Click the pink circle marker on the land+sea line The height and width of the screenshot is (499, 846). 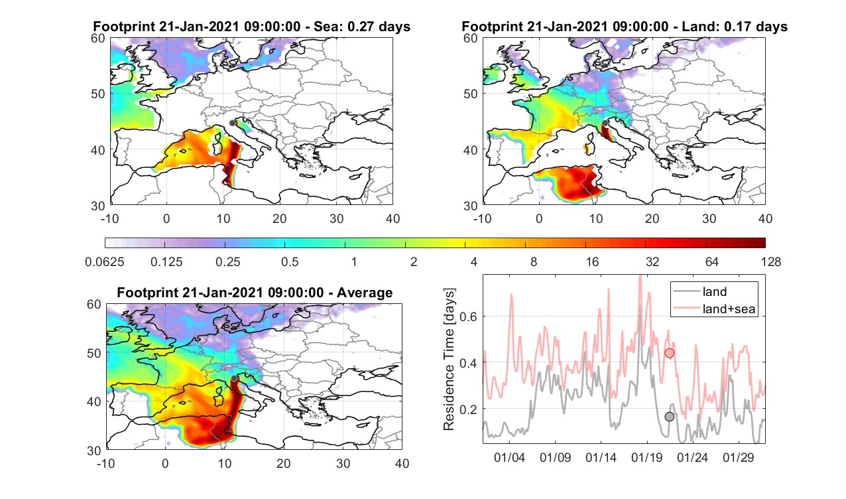(669, 353)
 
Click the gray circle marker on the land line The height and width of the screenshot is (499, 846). (669, 417)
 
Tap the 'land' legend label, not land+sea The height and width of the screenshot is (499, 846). (715, 291)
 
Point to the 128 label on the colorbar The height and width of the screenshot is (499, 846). (771, 261)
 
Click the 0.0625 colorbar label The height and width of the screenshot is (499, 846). (105, 261)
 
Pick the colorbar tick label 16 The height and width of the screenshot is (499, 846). (592, 261)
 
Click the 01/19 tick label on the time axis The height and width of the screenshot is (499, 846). (646, 457)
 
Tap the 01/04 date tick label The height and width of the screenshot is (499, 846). (509, 457)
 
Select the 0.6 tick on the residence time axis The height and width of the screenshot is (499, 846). (468, 317)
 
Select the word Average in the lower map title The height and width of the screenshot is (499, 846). (365, 293)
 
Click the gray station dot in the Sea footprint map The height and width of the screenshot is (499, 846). (232, 123)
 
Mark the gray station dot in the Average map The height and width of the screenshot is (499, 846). (234, 378)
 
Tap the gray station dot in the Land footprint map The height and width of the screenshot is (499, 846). (605, 123)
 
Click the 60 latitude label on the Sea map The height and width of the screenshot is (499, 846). (98, 38)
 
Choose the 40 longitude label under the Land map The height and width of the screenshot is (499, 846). (765, 218)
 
